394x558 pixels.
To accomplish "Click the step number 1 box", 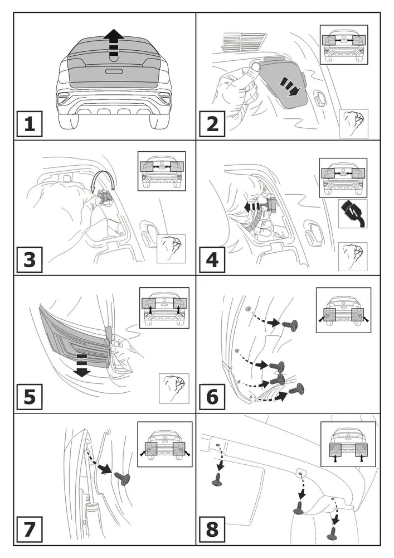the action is (30, 123).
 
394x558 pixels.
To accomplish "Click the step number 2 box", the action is (212, 123).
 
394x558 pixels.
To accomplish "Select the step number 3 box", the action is (30, 259).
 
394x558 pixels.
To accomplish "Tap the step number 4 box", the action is (212, 259).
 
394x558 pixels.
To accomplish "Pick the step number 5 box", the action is (30, 397).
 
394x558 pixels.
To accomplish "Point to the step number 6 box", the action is (212, 397).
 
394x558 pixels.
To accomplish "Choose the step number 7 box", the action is (30, 529).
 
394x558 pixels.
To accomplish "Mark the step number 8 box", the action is (212, 529).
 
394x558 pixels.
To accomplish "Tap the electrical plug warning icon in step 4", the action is (353, 214).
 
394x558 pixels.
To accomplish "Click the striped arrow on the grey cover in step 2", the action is (289, 87).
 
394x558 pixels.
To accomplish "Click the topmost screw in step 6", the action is (290, 325).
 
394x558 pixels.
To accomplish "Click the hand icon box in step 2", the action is (353, 123).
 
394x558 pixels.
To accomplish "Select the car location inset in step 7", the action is (164, 444).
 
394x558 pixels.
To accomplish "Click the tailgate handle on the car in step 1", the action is (114, 71).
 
